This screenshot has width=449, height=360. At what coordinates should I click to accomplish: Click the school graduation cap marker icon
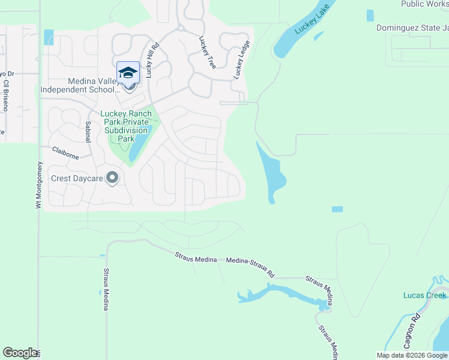tap(128, 73)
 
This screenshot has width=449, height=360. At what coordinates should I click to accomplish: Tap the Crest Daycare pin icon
tap(112, 178)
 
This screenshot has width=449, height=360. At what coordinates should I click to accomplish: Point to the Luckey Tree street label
tap(207, 52)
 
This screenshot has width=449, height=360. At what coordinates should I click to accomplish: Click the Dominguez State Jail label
tap(412, 28)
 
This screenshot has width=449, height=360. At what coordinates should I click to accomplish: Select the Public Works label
tap(424, 4)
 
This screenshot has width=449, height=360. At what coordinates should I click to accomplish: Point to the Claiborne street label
tap(65, 153)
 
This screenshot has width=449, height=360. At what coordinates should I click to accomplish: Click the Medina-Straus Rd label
tap(250, 268)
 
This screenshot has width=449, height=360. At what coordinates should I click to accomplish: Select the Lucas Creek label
tap(424, 295)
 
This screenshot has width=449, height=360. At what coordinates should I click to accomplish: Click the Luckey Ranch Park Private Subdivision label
tap(125, 125)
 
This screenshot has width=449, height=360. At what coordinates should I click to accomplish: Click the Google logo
tap(20, 353)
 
